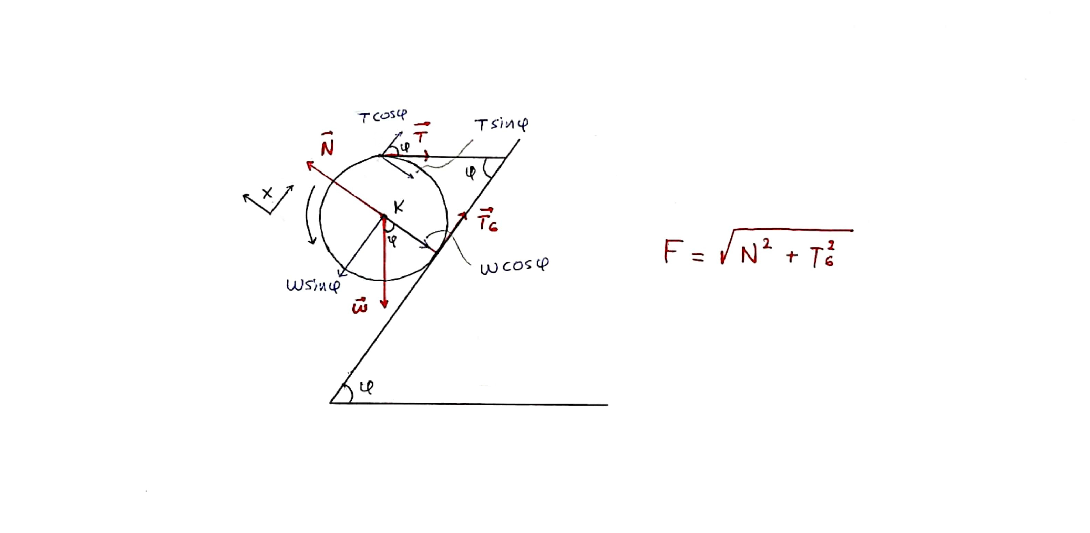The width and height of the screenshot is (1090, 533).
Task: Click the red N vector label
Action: point(327,144)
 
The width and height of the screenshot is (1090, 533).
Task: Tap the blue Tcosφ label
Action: point(382,116)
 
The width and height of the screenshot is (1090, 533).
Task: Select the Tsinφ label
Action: point(501,125)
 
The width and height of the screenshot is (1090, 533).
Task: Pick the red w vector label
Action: point(360,305)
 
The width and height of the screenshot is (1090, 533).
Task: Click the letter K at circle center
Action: point(399,207)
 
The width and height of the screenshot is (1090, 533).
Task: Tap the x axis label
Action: point(267,193)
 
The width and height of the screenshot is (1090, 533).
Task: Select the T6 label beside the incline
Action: point(488,220)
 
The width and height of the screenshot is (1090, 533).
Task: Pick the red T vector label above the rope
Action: point(421,133)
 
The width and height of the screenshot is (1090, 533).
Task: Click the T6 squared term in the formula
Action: point(823,254)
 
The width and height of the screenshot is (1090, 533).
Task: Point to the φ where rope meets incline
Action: point(471,173)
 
